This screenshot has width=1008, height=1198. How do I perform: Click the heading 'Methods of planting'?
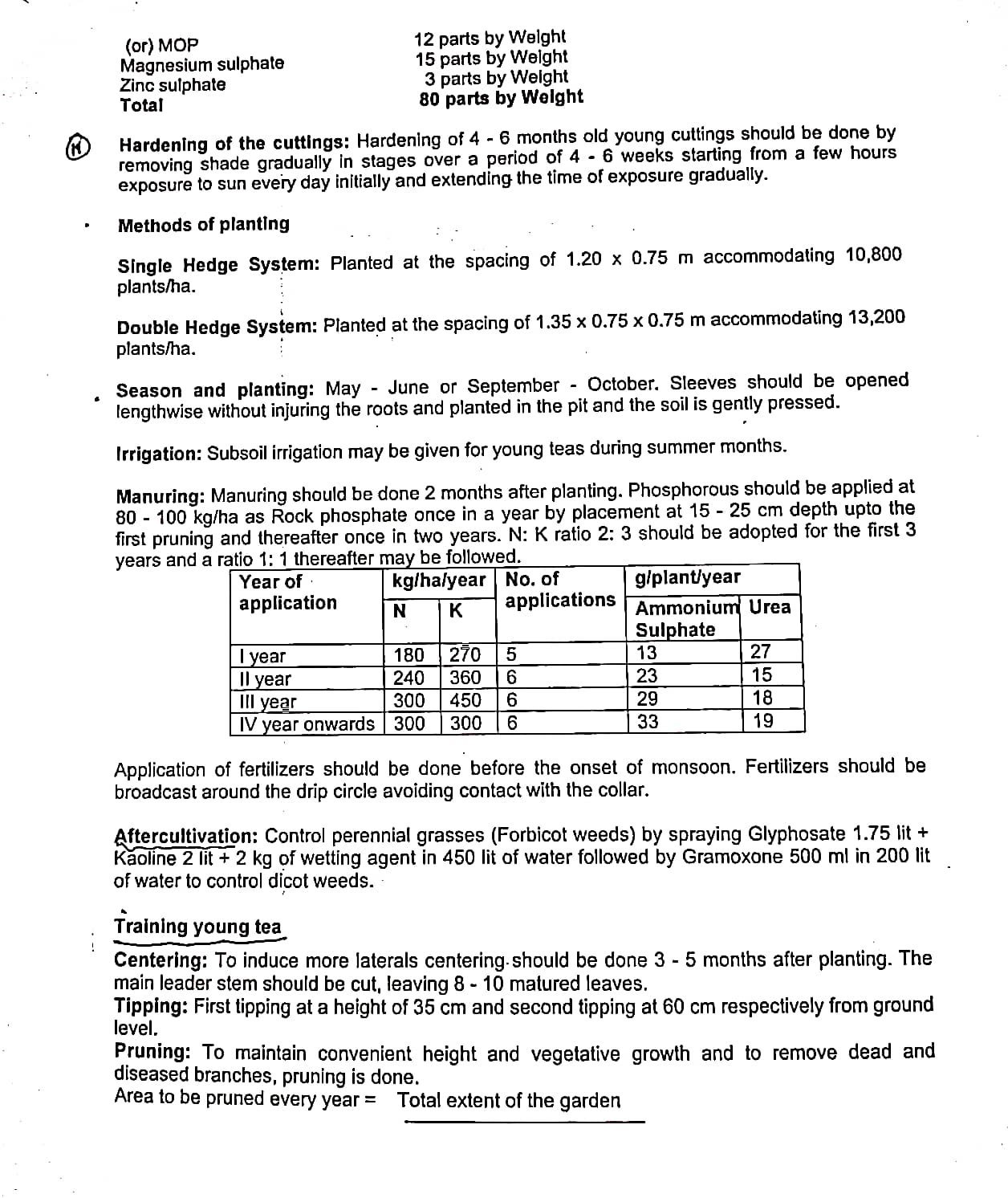204,225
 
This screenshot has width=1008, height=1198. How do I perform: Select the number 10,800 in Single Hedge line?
873,255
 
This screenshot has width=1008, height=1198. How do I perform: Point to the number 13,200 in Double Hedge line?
876,318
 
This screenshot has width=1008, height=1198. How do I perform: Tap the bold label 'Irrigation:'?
159,454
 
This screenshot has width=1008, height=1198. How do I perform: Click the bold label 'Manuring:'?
161,495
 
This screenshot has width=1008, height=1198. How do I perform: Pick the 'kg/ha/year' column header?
439,581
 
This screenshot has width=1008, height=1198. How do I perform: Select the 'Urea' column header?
770,607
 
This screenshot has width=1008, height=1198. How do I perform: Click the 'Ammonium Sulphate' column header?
685,618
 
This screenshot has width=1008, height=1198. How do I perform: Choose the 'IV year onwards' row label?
307,724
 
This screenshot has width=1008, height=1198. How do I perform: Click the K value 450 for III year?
465,700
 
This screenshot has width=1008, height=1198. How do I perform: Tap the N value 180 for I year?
409,654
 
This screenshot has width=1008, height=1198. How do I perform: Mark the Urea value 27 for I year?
760,651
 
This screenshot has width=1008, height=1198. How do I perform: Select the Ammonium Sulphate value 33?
648,722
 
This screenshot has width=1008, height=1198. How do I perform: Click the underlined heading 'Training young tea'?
197,927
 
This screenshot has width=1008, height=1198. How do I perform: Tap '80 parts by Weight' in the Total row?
501,98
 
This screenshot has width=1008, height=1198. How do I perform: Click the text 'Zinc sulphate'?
173,85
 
